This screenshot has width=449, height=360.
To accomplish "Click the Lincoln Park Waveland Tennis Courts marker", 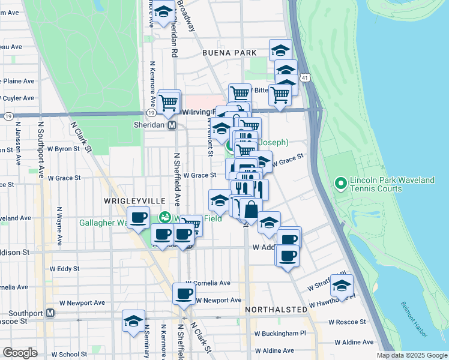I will (x=340, y=182).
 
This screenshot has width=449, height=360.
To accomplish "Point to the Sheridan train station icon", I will (x=172, y=125).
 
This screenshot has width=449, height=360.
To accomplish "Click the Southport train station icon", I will (x=50, y=313).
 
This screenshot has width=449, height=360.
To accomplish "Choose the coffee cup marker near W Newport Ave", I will (x=184, y=294).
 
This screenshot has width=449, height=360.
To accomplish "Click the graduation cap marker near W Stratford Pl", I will (x=342, y=285).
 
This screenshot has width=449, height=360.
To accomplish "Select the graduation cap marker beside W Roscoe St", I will (x=133, y=320).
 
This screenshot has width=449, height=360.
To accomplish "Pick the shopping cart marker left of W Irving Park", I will (x=169, y=100).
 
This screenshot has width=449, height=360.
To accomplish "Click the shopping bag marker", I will (x=251, y=209).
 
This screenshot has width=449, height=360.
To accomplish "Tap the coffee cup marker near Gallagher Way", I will (x=139, y=217).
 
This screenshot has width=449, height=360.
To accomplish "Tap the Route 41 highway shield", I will (x=306, y=78).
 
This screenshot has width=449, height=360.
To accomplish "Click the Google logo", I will (x=20, y=353).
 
